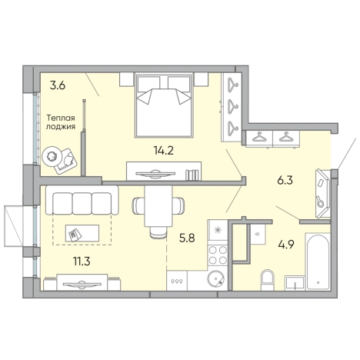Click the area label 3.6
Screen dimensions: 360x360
click(x=58, y=85)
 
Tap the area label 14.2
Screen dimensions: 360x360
click(x=164, y=150)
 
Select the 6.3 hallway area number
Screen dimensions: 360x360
click(x=285, y=181)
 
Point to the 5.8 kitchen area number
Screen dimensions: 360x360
click(x=187, y=238)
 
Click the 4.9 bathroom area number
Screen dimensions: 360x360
click(x=286, y=245)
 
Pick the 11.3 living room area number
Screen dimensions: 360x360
click(x=82, y=262)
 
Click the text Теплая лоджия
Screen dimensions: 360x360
click(x=61, y=122)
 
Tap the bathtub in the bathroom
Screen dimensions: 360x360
click(x=318, y=262)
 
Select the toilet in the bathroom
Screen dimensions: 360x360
click(x=268, y=280)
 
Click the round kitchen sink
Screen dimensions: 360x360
click(x=215, y=279)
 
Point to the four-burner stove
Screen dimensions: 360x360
click(x=218, y=255)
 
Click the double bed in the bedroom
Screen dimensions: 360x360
click(x=164, y=105)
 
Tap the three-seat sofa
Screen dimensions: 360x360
click(x=82, y=200)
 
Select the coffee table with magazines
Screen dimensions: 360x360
click(x=82, y=233)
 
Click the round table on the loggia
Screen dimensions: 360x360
click(x=52, y=155)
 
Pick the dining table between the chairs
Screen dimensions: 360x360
click(x=158, y=206)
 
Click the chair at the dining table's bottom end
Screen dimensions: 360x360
click(x=158, y=233)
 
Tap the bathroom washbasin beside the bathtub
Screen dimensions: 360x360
click(x=295, y=283)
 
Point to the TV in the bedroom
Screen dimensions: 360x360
click(x=155, y=174)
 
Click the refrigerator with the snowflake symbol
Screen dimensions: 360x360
click(x=218, y=230)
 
